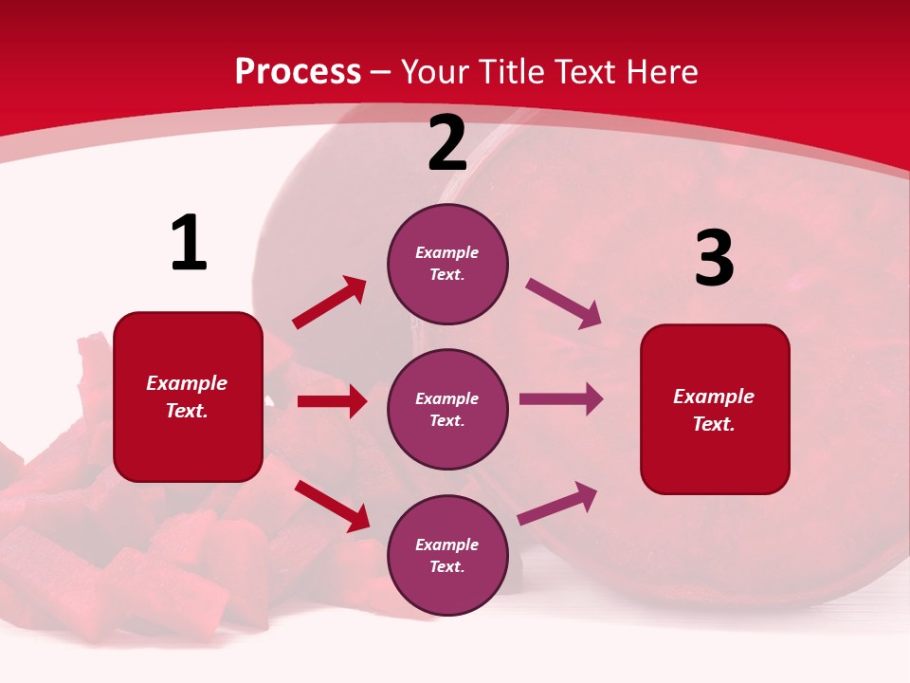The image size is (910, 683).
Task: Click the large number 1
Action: pyautogui.click(x=189, y=244)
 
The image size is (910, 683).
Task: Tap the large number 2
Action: pyautogui.click(x=447, y=144)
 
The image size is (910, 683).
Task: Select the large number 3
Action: pyautogui.click(x=714, y=259)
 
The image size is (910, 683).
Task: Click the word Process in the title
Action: pyautogui.click(x=298, y=71)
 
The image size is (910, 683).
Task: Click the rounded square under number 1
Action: pyautogui.click(x=188, y=397)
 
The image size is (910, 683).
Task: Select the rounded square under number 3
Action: pyautogui.click(x=715, y=410)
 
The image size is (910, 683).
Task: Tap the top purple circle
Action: pyautogui.click(x=447, y=264)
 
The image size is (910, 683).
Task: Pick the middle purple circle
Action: pyautogui.click(x=447, y=409)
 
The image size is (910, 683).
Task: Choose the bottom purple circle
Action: pyautogui.click(x=447, y=555)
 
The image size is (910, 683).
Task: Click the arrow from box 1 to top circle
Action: pyautogui.click(x=329, y=303)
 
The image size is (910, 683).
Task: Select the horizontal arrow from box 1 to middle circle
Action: pyautogui.click(x=332, y=401)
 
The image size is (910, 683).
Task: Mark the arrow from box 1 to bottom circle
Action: pyautogui.click(x=332, y=506)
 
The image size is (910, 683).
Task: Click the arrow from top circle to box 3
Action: pyautogui.click(x=563, y=304)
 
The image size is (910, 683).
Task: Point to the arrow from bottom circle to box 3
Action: pyautogui.click(x=557, y=504)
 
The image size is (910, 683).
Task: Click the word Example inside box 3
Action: pyautogui.click(x=714, y=397)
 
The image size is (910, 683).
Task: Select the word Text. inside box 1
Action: pyautogui.click(x=187, y=411)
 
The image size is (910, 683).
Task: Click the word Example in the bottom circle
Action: pyautogui.click(x=447, y=545)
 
